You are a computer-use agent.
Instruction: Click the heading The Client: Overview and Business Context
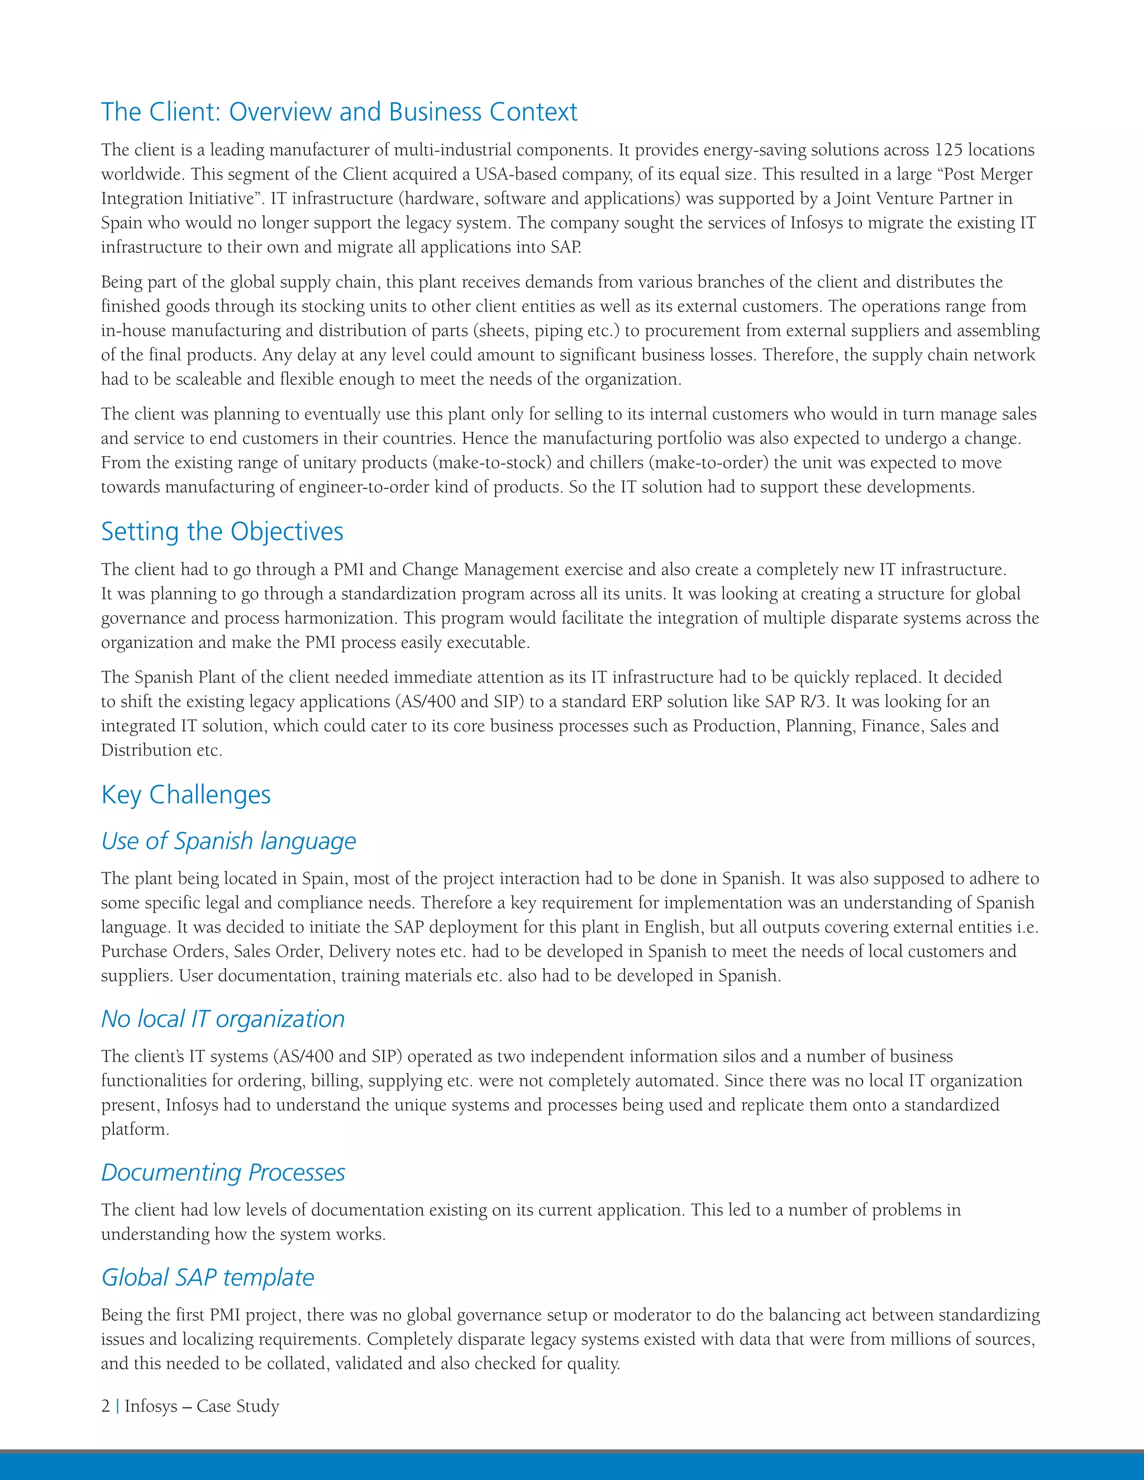(339, 112)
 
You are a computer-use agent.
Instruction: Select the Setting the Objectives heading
(222, 531)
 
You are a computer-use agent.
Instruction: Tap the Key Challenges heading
(185, 794)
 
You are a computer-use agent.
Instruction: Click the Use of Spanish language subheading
(228, 841)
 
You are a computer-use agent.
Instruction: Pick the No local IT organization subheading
(223, 1019)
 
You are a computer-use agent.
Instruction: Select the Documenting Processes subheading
(223, 1172)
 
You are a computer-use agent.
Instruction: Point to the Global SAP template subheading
(207, 1277)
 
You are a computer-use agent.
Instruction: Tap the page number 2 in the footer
(106, 1406)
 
